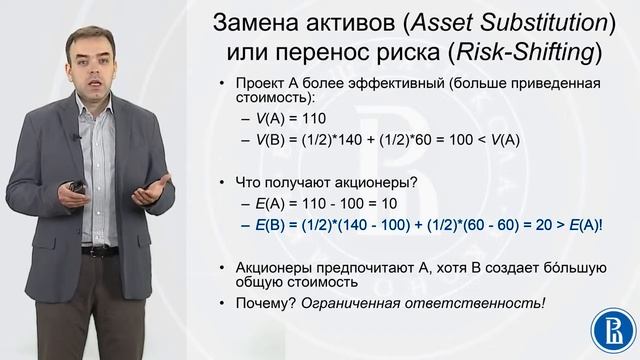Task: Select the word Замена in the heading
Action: click(275, 22)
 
